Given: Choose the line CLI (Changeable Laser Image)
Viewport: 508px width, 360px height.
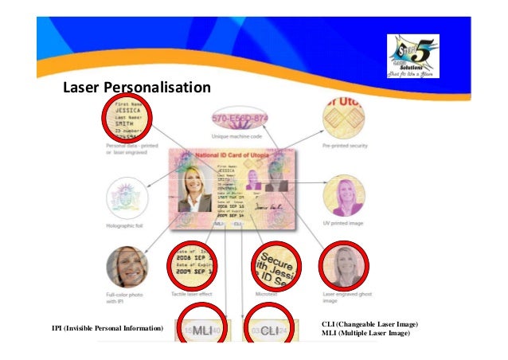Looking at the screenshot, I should coord(370,324).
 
